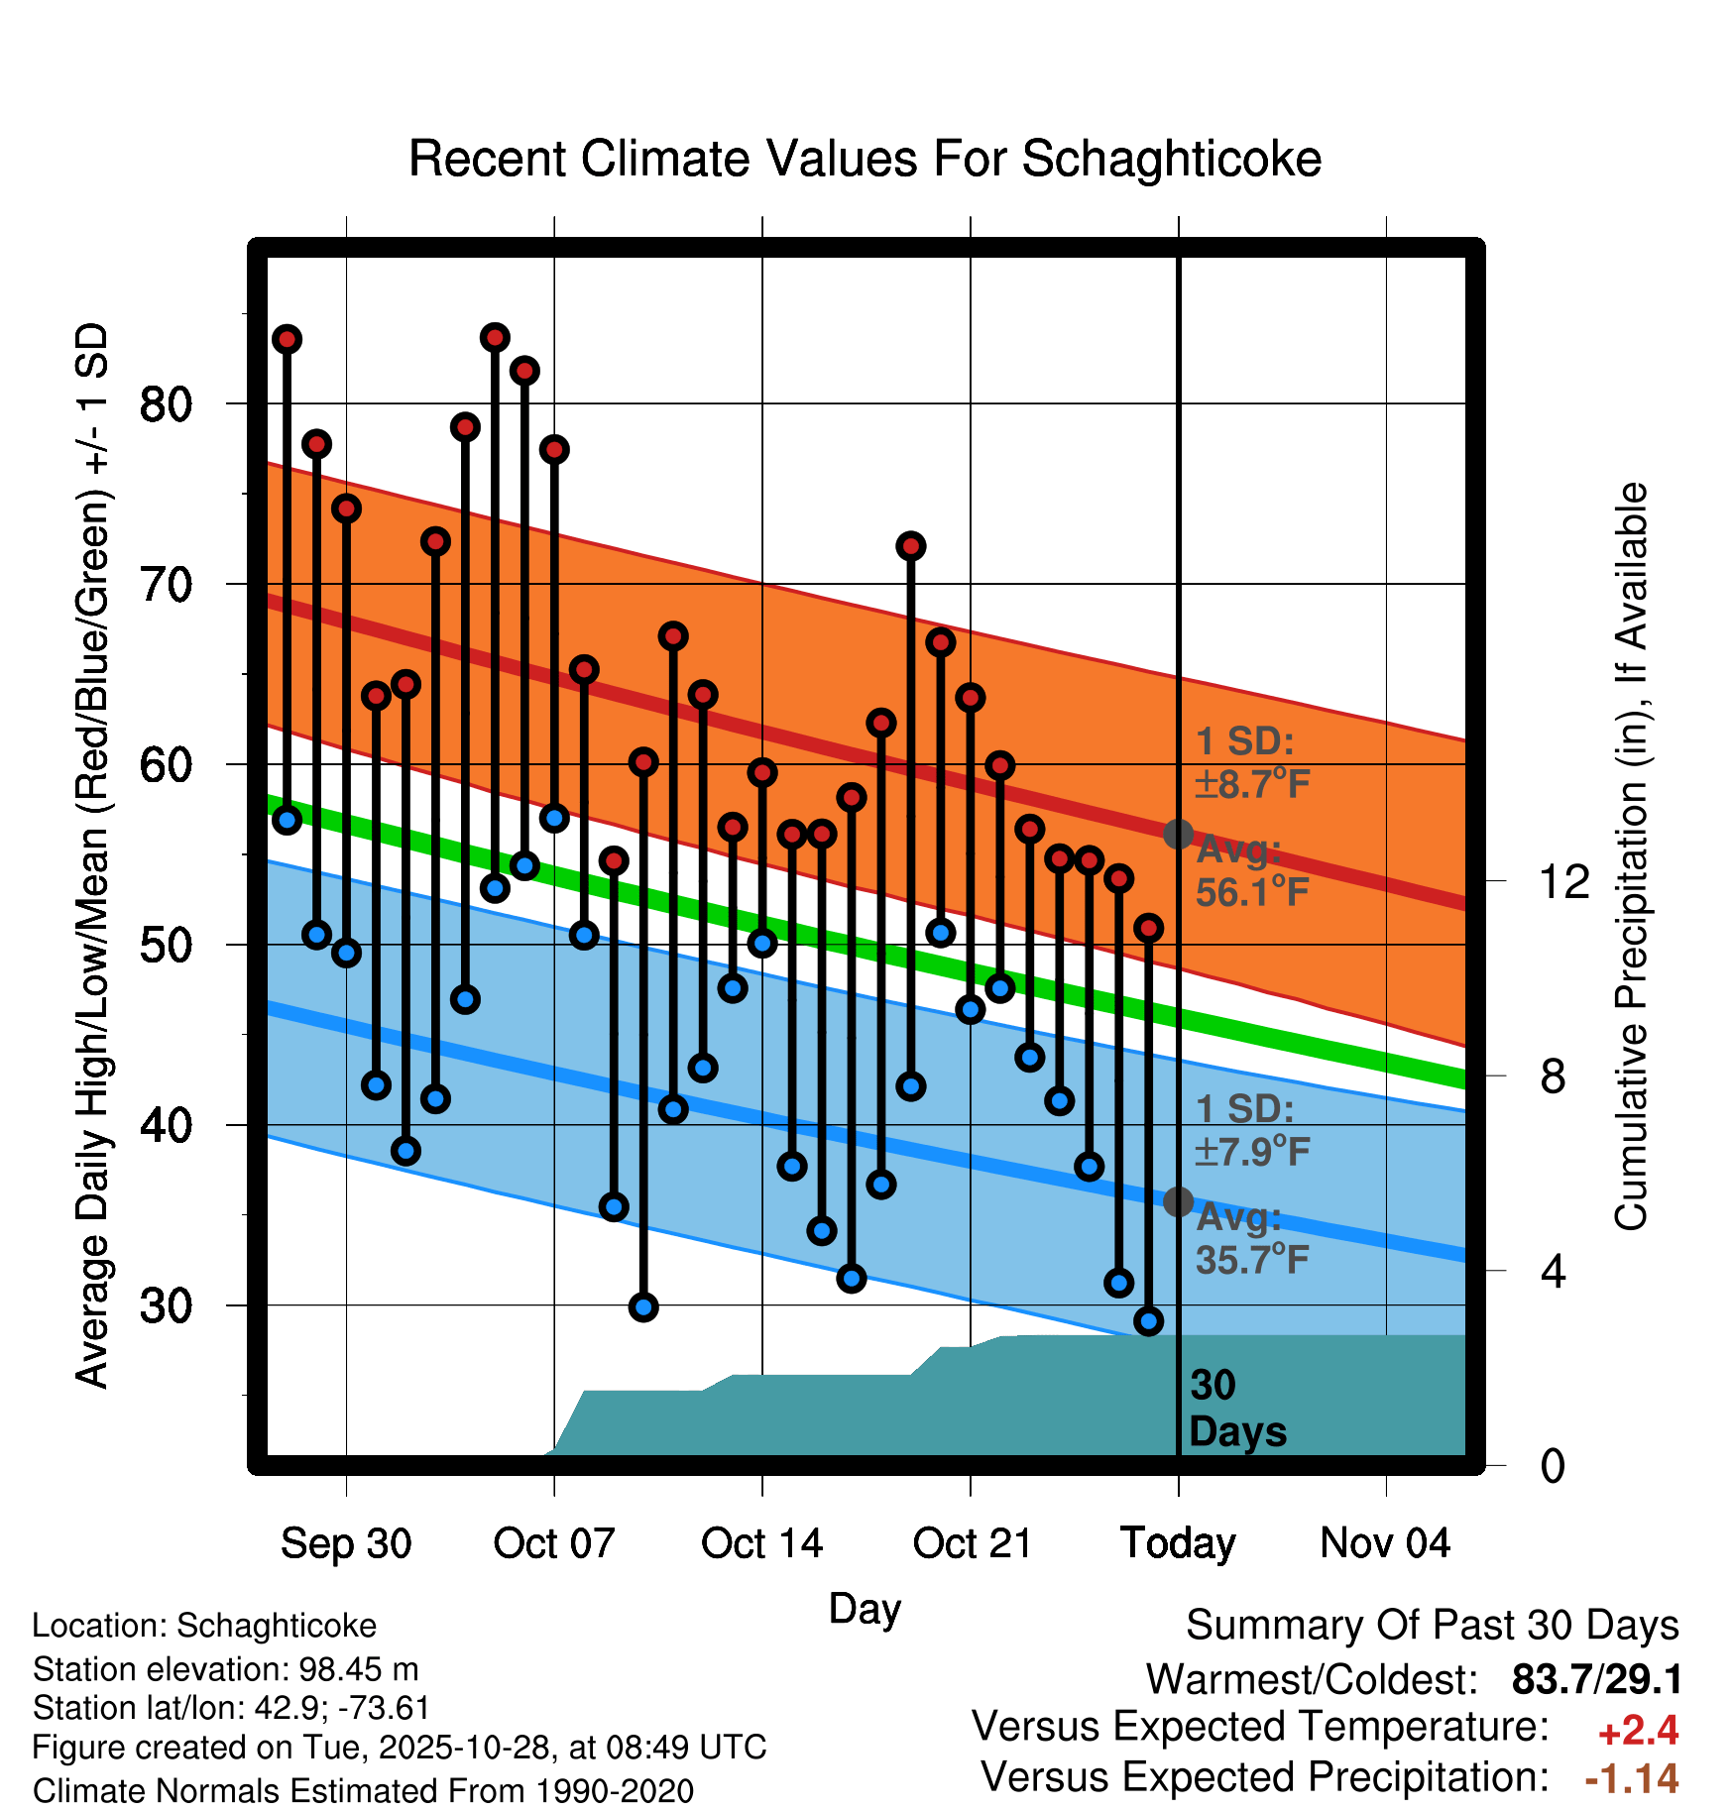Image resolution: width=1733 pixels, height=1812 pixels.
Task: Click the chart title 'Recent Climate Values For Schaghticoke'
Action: (x=865, y=159)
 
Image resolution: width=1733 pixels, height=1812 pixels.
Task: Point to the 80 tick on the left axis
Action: (x=166, y=404)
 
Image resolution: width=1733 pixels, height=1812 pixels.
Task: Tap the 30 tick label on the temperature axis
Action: (x=166, y=1305)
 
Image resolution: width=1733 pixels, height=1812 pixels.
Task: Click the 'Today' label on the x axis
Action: (x=1178, y=1543)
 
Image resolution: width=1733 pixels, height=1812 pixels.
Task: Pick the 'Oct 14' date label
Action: (x=761, y=1543)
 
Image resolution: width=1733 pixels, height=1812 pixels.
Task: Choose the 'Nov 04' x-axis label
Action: (x=1385, y=1543)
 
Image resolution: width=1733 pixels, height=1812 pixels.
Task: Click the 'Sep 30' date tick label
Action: (x=346, y=1543)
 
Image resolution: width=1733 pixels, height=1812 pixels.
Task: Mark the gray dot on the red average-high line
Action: (x=1178, y=835)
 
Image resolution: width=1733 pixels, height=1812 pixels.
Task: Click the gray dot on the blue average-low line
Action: (x=1178, y=1202)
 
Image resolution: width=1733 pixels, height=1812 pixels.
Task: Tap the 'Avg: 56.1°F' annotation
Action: (x=1251, y=871)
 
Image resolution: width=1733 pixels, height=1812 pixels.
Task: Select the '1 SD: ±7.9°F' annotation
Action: (x=1251, y=1130)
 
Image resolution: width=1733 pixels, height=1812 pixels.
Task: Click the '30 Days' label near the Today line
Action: (x=1236, y=1409)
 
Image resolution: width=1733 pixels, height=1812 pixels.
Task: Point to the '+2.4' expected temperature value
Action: (x=1638, y=1731)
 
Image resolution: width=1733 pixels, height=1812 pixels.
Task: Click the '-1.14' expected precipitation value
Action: (x=1632, y=1778)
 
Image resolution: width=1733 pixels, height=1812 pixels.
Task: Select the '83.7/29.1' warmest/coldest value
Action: (x=1596, y=1679)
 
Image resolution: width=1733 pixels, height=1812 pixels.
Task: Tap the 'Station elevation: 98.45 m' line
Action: (x=225, y=1669)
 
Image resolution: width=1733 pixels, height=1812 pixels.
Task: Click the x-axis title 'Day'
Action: (x=865, y=1608)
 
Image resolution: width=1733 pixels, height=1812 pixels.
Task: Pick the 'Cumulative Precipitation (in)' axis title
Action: (x=1631, y=857)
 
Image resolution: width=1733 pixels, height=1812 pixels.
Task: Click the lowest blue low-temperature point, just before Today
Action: (x=1148, y=1321)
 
